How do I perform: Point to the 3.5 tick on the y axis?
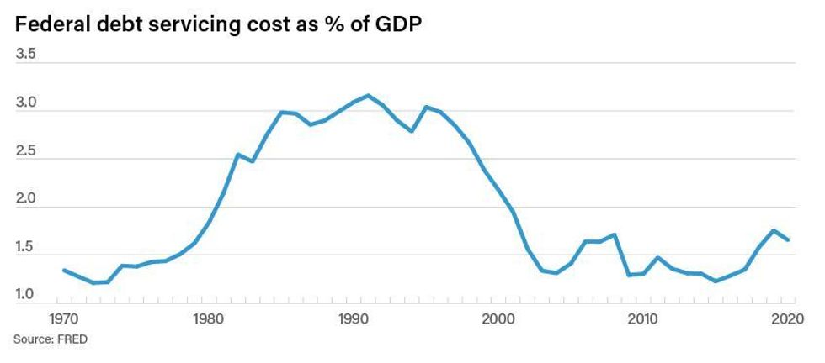(x=25, y=55)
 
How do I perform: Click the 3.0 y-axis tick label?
(x=25, y=103)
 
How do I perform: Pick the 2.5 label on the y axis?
(x=25, y=151)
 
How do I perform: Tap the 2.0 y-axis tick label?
(x=25, y=199)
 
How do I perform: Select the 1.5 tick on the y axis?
(x=25, y=247)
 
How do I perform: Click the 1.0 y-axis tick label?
(x=25, y=295)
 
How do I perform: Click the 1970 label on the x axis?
(x=65, y=319)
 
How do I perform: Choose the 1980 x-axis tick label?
(x=209, y=319)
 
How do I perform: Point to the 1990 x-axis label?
(x=354, y=319)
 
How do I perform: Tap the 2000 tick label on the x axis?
(x=498, y=319)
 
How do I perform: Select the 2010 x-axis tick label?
(x=643, y=319)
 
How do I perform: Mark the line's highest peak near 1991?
(x=368, y=95)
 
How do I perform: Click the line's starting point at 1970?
(x=64, y=270)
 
